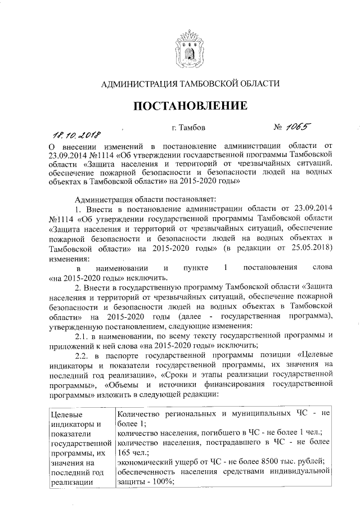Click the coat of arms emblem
click(190, 49)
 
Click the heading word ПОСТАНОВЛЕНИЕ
click(190, 106)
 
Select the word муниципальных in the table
click(260, 415)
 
